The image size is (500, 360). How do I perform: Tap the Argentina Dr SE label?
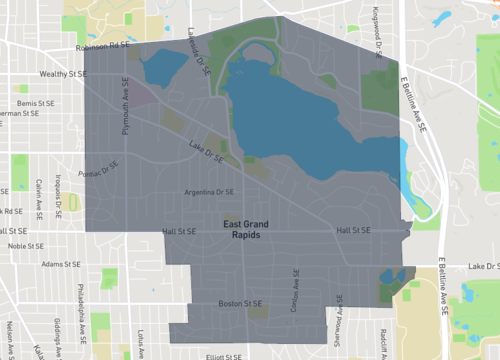coord(210,192)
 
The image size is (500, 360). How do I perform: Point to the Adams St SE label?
coord(62,265)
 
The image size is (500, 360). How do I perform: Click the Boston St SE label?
coord(240,303)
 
